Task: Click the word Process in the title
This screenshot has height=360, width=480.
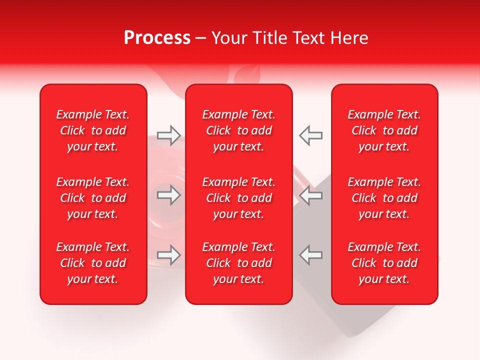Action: pos(157,38)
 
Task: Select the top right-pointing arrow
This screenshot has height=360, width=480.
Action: pos(169,135)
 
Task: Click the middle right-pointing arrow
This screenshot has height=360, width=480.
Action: pos(169,195)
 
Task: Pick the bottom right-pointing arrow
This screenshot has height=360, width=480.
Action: pos(169,255)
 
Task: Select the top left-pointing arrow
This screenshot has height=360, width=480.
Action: pos(311,135)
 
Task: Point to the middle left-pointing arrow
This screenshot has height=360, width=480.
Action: pos(311,195)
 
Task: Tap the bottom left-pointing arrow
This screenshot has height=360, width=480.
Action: pos(311,255)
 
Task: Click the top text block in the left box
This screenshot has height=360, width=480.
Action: pos(93,130)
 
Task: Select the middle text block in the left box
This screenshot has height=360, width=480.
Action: pos(93,198)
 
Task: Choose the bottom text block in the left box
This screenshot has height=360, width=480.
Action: pos(93,263)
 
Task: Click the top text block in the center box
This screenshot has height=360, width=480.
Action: pos(239,130)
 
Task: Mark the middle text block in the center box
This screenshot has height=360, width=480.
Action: pos(239,198)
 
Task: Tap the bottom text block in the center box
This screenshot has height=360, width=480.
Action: pos(239,263)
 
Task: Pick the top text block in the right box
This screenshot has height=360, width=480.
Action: pos(384,130)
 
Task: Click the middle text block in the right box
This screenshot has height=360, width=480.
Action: pos(384,198)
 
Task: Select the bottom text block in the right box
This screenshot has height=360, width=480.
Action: pos(384,263)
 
